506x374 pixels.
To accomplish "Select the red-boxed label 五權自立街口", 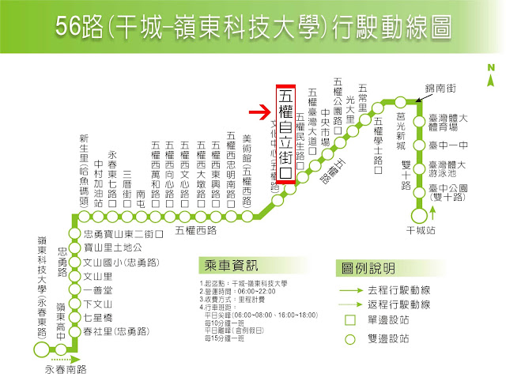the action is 285,134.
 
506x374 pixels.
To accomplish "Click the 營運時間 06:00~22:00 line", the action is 236,292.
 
